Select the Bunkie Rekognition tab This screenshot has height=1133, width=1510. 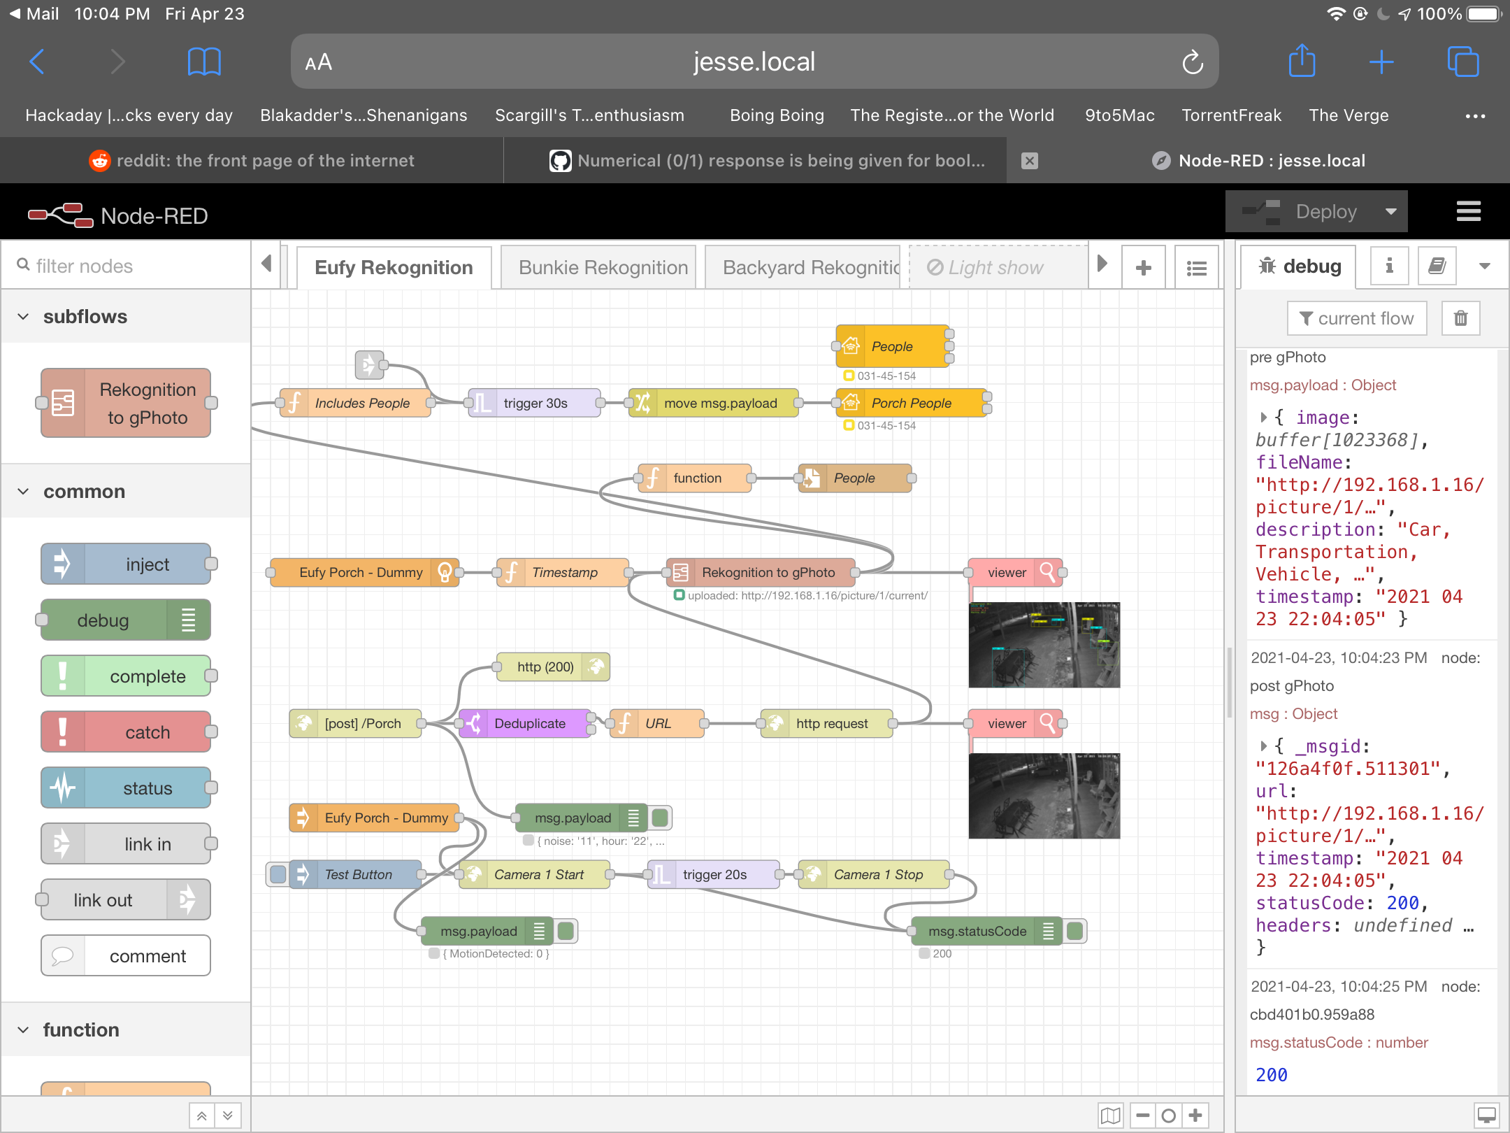[603, 267]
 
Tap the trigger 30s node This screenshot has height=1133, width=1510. [535, 404]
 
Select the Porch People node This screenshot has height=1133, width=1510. [911, 404]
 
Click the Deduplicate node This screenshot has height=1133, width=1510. [529, 724]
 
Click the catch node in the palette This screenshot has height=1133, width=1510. [127, 732]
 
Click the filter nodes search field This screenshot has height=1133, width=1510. [133, 266]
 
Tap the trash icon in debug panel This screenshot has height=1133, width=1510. [1460, 319]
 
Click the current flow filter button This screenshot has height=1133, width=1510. [1356, 319]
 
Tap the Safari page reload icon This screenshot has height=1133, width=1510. [1193, 62]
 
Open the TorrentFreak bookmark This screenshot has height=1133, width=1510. [1231, 115]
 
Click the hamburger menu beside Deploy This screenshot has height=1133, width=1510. [1468, 212]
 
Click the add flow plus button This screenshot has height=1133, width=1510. [1143, 268]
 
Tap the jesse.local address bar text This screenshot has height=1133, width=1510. [754, 62]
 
